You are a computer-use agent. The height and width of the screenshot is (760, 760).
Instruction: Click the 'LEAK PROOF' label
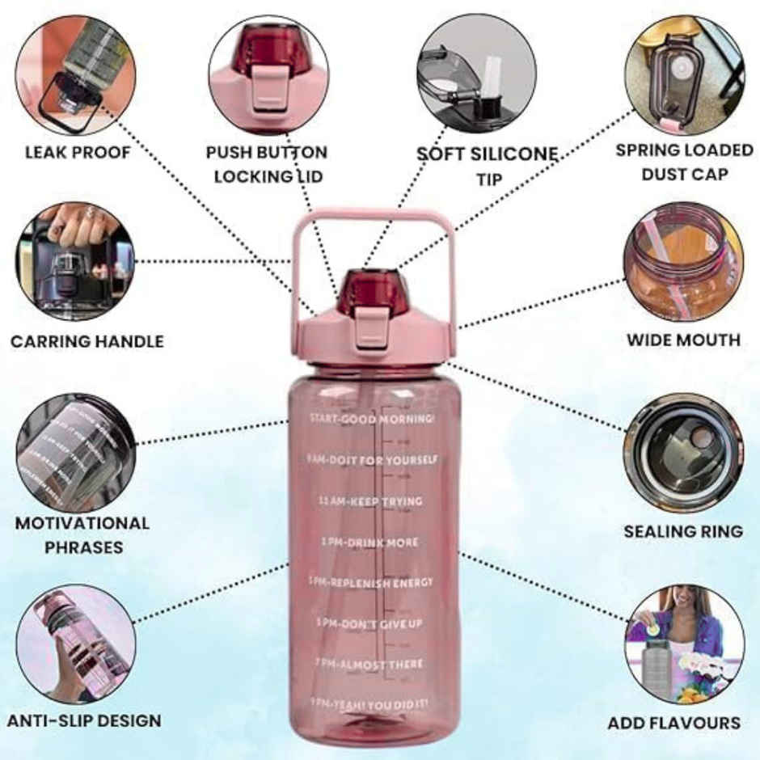click(x=77, y=152)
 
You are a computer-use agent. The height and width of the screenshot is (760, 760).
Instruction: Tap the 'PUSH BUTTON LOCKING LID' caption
click(x=266, y=164)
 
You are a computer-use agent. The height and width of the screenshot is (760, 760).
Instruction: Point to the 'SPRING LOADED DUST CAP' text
click(x=684, y=162)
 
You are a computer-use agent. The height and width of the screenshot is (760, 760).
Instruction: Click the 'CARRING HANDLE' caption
click(x=87, y=341)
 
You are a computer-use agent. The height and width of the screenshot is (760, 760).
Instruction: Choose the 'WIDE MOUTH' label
click(x=683, y=340)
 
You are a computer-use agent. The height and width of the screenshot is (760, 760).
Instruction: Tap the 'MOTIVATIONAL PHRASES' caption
click(x=82, y=535)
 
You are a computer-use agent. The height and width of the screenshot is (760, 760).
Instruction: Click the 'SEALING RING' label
click(x=682, y=531)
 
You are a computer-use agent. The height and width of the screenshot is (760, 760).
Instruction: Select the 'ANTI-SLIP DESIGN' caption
click(x=84, y=720)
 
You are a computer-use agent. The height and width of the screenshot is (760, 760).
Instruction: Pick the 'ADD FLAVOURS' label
click(x=673, y=723)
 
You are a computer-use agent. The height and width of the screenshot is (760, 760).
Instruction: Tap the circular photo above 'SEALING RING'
click(x=682, y=454)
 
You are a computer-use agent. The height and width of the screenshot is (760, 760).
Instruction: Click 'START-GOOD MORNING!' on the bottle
click(x=371, y=419)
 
